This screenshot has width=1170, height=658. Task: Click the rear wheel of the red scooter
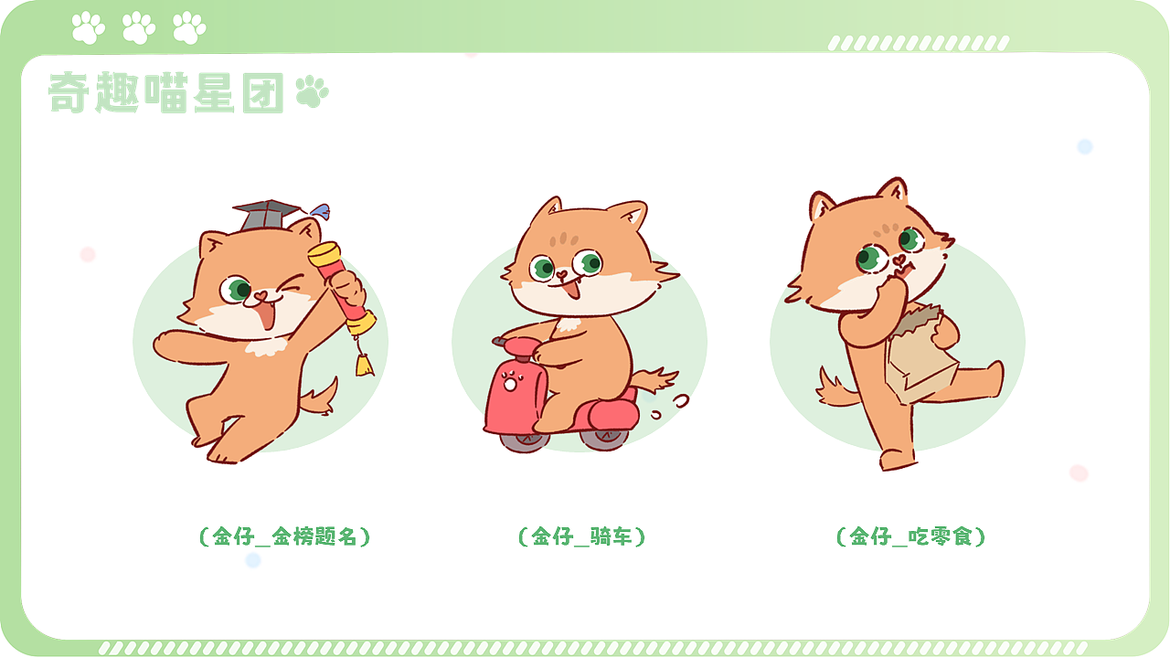point(605,437)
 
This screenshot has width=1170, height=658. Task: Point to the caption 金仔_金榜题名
point(284,536)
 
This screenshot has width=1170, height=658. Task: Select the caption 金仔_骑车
point(581,536)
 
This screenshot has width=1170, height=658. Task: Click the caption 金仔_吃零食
point(911,536)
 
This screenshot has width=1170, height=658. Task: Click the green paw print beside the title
point(312,92)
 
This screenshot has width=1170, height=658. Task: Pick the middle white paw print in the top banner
point(139,27)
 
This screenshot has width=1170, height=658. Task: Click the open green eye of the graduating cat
point(239,290)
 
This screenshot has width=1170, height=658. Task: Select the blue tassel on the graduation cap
point(317,211)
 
